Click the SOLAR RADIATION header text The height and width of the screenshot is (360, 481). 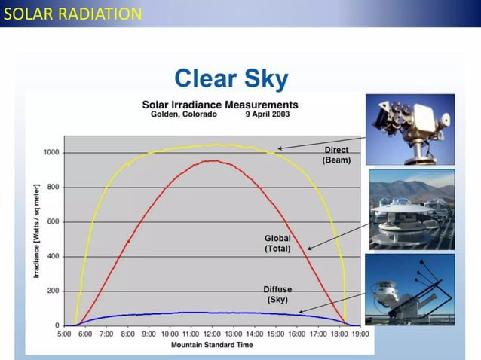(72, 14)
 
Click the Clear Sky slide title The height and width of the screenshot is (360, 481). (231, 78)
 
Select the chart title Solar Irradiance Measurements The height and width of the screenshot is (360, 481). (219, 105)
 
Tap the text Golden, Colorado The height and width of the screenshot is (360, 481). (179, 114)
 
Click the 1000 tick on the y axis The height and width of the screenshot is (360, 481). (51, 152)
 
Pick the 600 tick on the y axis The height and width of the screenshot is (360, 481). (53, 221)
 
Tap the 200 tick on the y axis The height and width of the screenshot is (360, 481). (53, 291)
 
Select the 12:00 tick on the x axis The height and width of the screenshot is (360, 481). (212, 333)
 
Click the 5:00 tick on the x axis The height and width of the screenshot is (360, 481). (64, 333)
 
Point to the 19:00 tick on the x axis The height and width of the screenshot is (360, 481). (361, 333)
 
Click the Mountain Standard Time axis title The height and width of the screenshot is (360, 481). (212, 344)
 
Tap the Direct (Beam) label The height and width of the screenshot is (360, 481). (336, 155)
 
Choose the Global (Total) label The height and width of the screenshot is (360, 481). (277, 243)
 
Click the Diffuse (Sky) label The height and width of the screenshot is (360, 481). (277, 294)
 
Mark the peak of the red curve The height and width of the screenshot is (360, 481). (213, 160)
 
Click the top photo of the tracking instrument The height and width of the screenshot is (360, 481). (412, 129)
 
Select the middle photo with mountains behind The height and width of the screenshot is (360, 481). (412, 209)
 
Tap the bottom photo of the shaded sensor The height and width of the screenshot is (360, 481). (412, 289)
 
